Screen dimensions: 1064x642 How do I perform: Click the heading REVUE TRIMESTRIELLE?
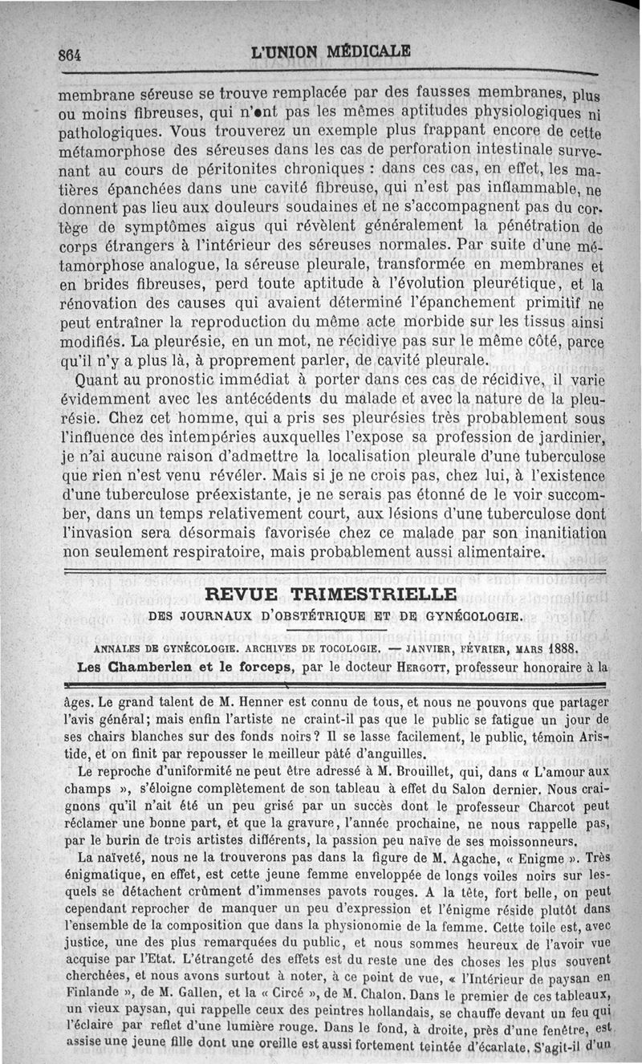pyautogui.click(x=331, y=595)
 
